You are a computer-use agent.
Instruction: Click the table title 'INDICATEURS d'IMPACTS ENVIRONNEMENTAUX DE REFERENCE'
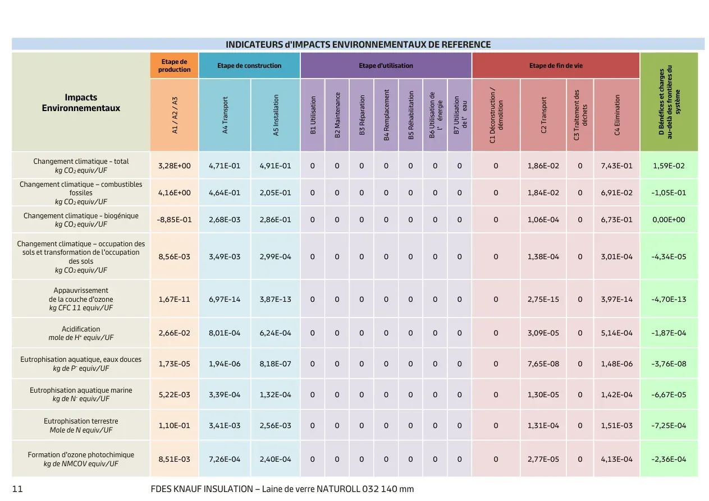358,44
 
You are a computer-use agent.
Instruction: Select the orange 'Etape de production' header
175,66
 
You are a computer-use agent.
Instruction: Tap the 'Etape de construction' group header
249,66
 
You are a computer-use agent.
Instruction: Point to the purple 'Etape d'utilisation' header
386,66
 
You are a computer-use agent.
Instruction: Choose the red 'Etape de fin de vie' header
556,66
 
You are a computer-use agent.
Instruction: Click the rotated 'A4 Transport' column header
225,115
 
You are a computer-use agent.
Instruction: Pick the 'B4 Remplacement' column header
386,115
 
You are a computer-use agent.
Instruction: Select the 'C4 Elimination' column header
617,115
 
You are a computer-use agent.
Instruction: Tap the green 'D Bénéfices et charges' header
669,102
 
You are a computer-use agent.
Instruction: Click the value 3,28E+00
175,166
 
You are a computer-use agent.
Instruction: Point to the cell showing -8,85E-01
175,219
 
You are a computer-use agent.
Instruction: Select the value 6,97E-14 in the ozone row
225,299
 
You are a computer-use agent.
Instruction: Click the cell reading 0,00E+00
669,219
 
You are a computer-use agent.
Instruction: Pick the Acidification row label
81,333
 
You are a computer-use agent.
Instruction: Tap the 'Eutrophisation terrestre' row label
81,425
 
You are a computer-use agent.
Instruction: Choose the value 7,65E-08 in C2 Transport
543,364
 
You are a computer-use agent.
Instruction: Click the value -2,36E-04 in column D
669,459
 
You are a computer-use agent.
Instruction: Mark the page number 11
17,489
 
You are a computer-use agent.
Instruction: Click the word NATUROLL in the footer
338,489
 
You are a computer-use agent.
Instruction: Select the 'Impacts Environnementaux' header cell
81,103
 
